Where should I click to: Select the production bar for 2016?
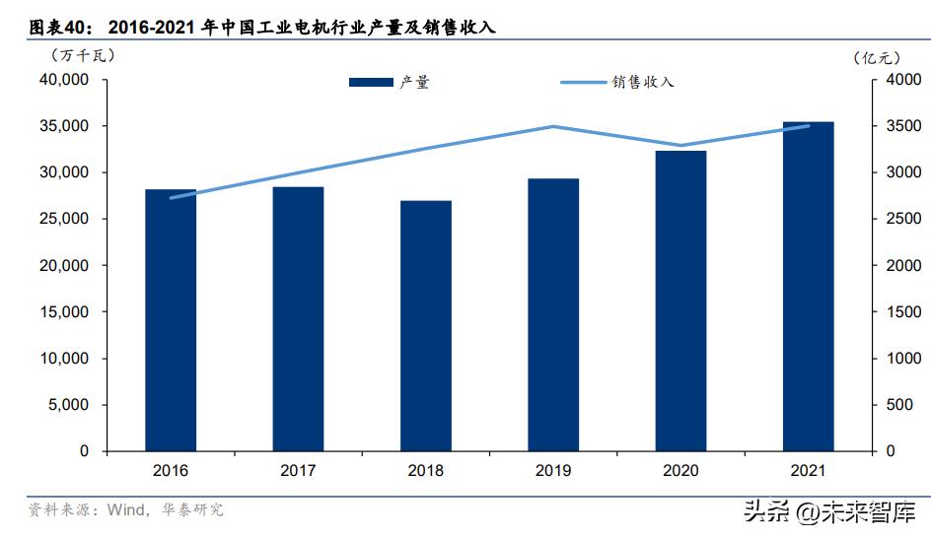(x=171, y=320)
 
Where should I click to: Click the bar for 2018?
(x=426, y=326)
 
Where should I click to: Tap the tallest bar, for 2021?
(x=808, y=287)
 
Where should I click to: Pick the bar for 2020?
(x=680, y=301)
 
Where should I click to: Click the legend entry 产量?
(x=391, y=83)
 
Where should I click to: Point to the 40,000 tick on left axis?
(x=62, y=80)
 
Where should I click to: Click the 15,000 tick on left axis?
(x=62, y=312)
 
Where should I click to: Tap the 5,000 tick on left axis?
(x=66, y=405)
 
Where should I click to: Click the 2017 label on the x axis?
(x=298, y=471)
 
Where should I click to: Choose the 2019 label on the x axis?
(x=553, y=471)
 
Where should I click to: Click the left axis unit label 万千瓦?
(x=75, y=55)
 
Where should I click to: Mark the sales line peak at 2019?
(x=553, y=126)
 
